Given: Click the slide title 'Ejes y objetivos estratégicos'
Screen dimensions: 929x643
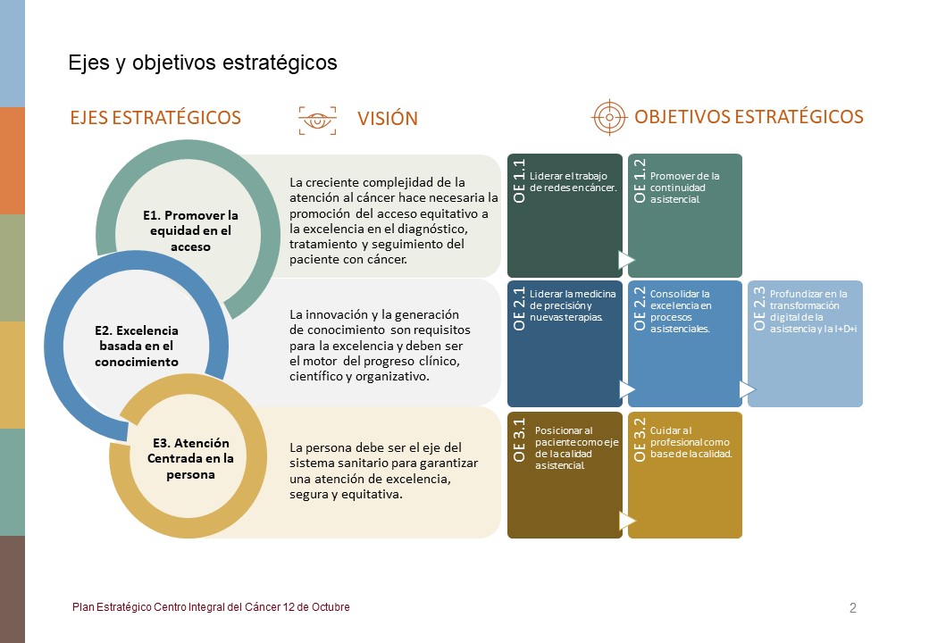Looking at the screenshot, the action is click(x=203, y=63).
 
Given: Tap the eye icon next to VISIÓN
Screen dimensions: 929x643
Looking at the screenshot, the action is click(x=318, y=121).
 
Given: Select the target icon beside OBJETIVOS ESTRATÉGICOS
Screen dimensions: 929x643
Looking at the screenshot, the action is click(x=609, y=117).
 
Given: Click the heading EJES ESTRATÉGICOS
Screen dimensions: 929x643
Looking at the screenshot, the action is click(x=155, y=117).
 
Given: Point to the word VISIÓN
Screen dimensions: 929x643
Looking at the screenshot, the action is click(x=388, y=119).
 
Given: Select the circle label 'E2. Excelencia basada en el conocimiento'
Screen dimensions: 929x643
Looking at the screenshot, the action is click(x=137, y=346).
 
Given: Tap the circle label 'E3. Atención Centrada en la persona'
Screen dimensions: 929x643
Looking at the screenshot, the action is click(x=190, y=458).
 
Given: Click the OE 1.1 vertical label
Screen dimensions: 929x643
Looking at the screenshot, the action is click(x=519, y=180).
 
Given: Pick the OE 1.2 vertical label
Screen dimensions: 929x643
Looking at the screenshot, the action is click(x=640, y=180).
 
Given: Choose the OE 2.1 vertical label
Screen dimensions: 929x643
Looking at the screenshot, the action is click(x=519, y=308).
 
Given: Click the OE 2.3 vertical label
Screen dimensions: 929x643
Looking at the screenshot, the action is click(x=759, y=308).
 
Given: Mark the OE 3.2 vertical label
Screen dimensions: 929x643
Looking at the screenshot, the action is click(x=640, y=440).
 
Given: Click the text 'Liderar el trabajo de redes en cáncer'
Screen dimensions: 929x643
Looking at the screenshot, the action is click(x=573, y=182).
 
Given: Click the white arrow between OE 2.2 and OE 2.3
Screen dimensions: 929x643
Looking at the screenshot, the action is click(x=747, y=389).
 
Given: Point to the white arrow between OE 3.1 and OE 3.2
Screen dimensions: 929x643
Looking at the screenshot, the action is click(x=627, y=521).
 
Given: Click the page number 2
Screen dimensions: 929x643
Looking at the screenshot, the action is click(x=852, y=608).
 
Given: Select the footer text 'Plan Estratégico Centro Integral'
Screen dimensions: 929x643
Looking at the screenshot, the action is click(x=211, y=607).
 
